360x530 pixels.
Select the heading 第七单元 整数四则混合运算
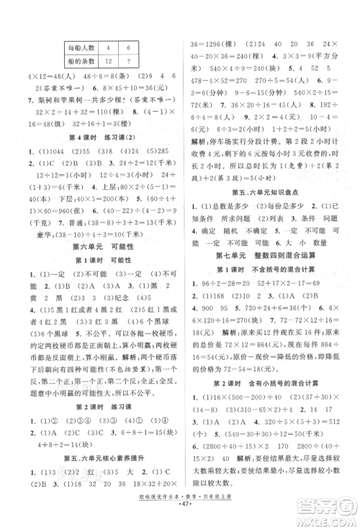266,256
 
